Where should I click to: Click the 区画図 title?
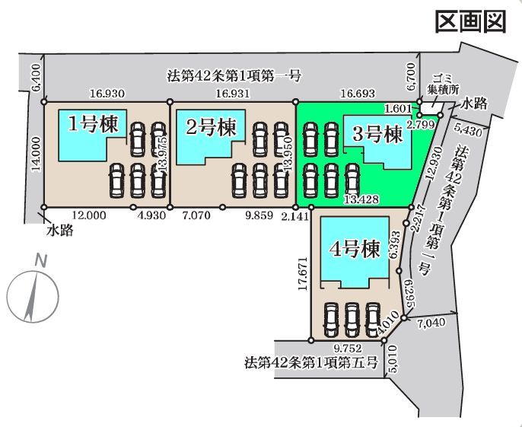(x=471, y=21)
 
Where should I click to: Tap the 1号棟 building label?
(x=93, y=125)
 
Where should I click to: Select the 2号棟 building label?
(x=211, y=127)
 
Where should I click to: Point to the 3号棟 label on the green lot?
(x=377, y=135)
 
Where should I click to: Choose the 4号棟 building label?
(x=355, y=248)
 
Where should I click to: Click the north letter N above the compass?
(x=40, y=260)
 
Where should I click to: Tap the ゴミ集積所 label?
(x=443, y=84)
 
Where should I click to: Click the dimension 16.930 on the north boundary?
(x=107, y=94)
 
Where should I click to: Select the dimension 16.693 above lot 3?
(x=358, y=94)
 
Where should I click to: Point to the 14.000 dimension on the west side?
(x=37, y=155)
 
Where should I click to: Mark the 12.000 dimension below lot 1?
(x=88, y=215)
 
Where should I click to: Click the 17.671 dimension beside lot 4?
(x=303, y=273)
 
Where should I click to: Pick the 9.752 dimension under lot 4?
(x=348, y=349)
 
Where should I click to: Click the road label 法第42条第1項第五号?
(x=312, y=362)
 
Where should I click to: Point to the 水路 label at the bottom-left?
(x=60, y=230)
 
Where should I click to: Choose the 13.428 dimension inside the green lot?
(x=362, y=199)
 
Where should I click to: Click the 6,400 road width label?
(x=37, y=78)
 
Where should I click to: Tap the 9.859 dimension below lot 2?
(x=259, y=215)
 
